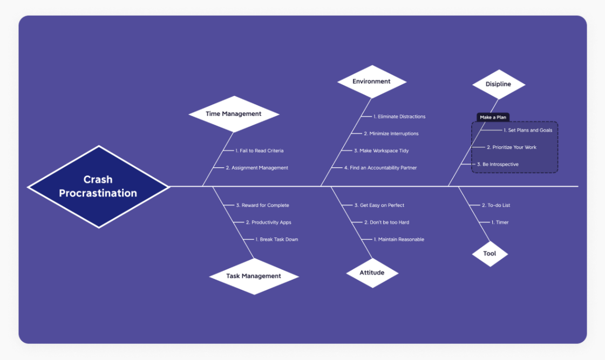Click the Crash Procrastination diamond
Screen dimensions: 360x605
[98, 186]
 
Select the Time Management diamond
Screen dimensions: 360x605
[234, 114]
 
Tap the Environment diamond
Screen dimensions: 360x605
[371, 81]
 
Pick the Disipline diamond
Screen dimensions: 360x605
[498, 84]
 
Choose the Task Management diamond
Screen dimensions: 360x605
[254, 276]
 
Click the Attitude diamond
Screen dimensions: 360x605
[372, 273]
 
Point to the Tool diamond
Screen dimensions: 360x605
[490, 253]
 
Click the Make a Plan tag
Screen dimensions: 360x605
[493, 117]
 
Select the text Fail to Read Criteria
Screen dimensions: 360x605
[259, 151]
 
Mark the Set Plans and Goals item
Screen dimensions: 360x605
[527, 130]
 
